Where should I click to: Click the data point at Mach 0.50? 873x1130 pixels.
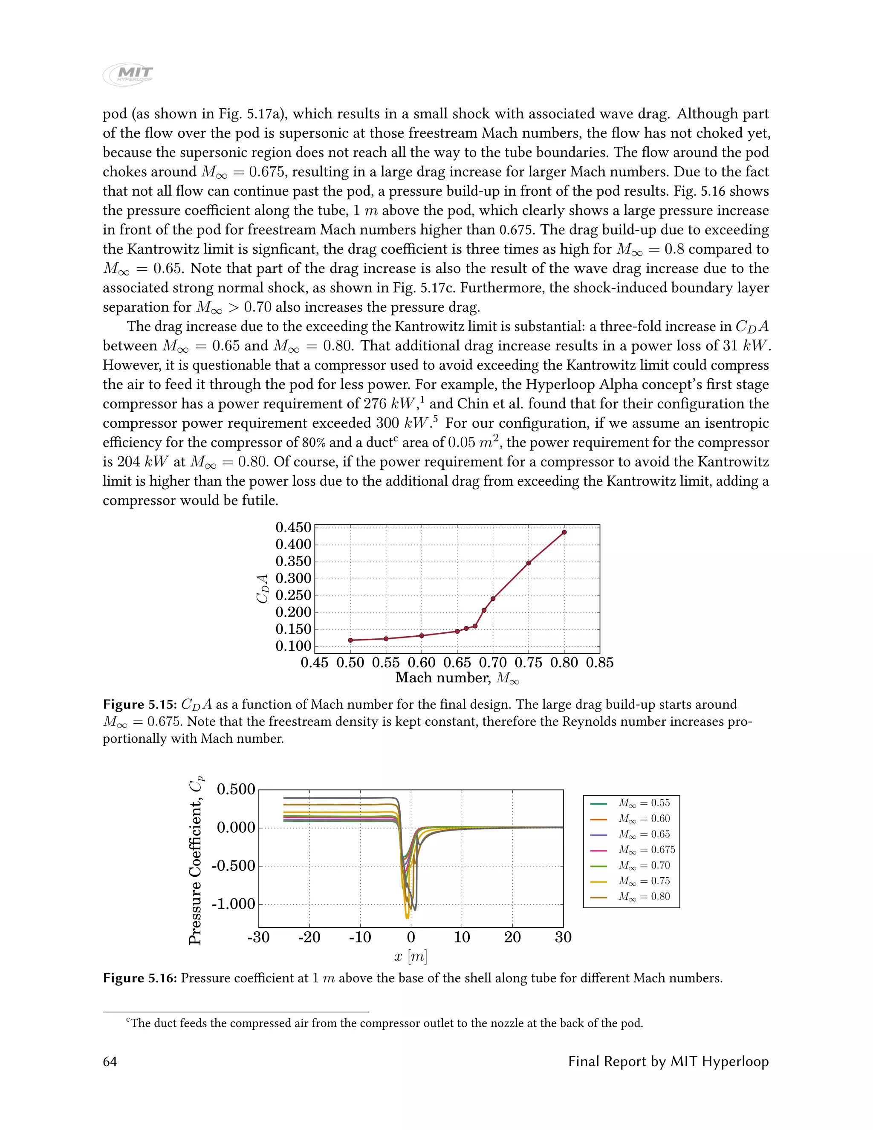pyautogui.click(x=350, y=640)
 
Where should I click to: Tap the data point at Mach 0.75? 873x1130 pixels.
pyautogui.click(x=529, y=563)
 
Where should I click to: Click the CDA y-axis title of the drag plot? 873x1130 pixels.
pyautogui.click(x=263, y=588)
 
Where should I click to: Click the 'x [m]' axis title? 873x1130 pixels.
pyautogui.click(x=410, y=957)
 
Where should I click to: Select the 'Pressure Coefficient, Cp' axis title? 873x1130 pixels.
pyautogui.click(x=196, y=861)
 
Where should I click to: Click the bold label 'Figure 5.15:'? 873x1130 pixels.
pyautogui.click(x=140, y=705)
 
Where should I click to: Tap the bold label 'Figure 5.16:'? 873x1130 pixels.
pyautogui.click(x=140, y=978)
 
